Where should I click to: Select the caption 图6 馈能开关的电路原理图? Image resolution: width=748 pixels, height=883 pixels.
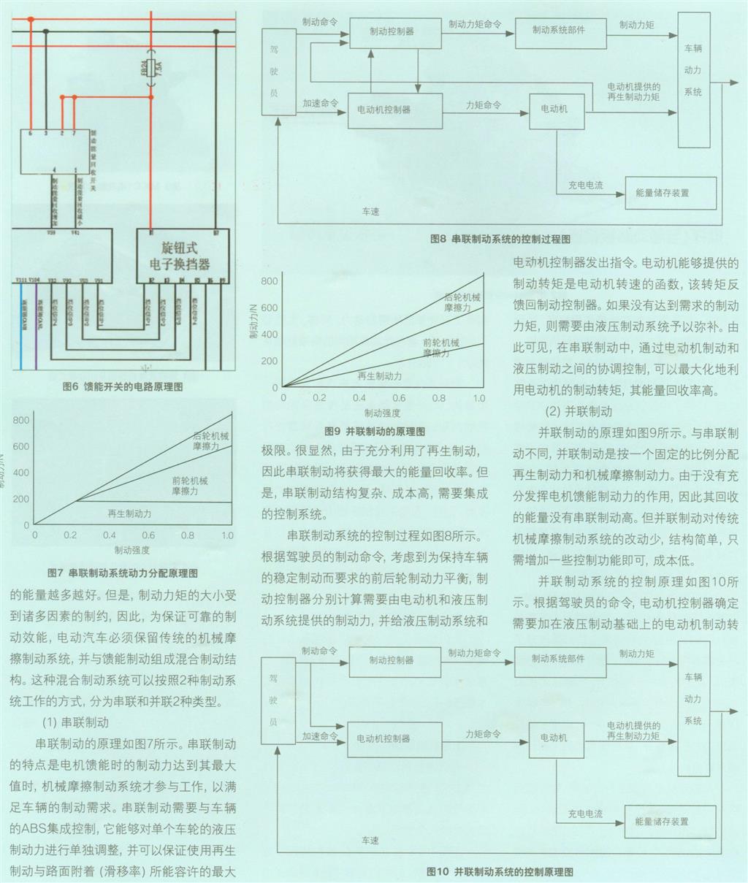tap(123, 387)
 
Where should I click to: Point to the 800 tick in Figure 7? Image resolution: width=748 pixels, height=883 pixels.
tap(21, 420)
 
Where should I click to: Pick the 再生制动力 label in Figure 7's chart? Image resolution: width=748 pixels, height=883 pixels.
tap(129, 513)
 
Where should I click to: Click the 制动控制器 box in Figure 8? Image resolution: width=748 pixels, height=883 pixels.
tap(392, 31)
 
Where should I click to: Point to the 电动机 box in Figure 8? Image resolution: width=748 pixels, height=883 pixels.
tap(553, 109)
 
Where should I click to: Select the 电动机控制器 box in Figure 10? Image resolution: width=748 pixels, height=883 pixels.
tap(383, 738)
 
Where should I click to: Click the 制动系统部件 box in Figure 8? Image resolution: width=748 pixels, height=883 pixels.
tap(559, 30)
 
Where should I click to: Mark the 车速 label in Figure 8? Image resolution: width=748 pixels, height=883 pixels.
tap(370, 212)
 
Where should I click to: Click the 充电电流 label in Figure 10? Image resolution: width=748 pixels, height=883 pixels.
tap(585, 813)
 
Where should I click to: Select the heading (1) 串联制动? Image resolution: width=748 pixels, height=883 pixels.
tap(75, 723)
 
